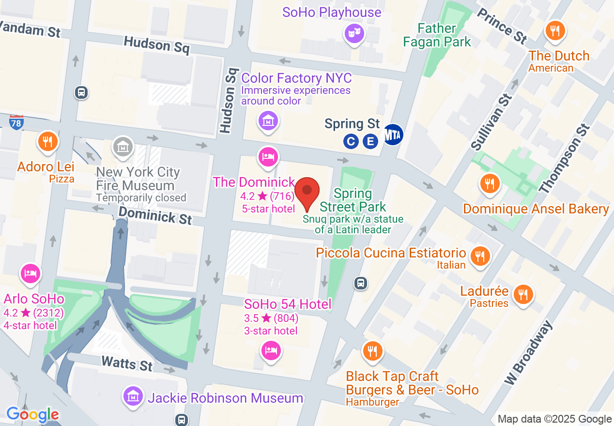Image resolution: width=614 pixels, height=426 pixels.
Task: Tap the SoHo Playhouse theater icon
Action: click(354, 33)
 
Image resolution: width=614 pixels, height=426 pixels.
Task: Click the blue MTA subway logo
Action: click(393, 135)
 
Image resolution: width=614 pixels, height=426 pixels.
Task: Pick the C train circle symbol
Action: click(351, 141)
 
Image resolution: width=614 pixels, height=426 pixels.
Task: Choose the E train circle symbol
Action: click(370, 141)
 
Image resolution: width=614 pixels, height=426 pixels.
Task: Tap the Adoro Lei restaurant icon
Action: click(47, 142)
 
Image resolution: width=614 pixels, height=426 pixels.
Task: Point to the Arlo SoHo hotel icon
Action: click(30, 273)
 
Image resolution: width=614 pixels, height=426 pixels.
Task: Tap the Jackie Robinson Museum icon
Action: click(133, 396)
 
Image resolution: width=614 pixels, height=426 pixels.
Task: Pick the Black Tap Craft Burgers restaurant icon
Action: click(372, 351)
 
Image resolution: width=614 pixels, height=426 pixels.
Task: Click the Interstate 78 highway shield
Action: click(16, 122)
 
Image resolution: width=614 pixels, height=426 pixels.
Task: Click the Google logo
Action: click(32, 414)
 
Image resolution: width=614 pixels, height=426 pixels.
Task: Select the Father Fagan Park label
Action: click(437, 35)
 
